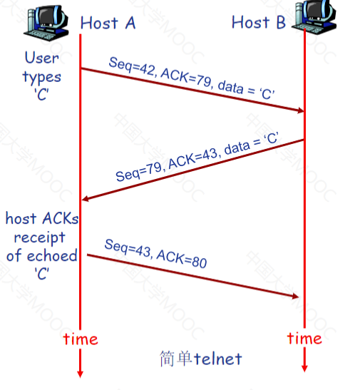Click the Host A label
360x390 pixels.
pos(108,23)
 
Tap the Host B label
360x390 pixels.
pos(259,22)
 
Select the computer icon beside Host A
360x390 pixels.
pos(46,22)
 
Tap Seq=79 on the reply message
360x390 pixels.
pos(140,172)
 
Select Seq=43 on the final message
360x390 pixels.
pos(128,247)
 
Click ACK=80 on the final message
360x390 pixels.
pos(182,259)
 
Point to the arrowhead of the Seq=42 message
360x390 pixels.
pos(301,111)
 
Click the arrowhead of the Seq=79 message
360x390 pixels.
pos(86,198)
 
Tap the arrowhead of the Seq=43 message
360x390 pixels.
pos(295,296)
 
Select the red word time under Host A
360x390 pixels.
pos(81,339)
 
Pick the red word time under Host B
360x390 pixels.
pos(304,338)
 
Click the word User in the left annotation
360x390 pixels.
pos(42,58)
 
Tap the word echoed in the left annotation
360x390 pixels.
pos(52,256)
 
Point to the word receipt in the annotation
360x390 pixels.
pos(40,238)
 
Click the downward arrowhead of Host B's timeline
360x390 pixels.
pos(304,369)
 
